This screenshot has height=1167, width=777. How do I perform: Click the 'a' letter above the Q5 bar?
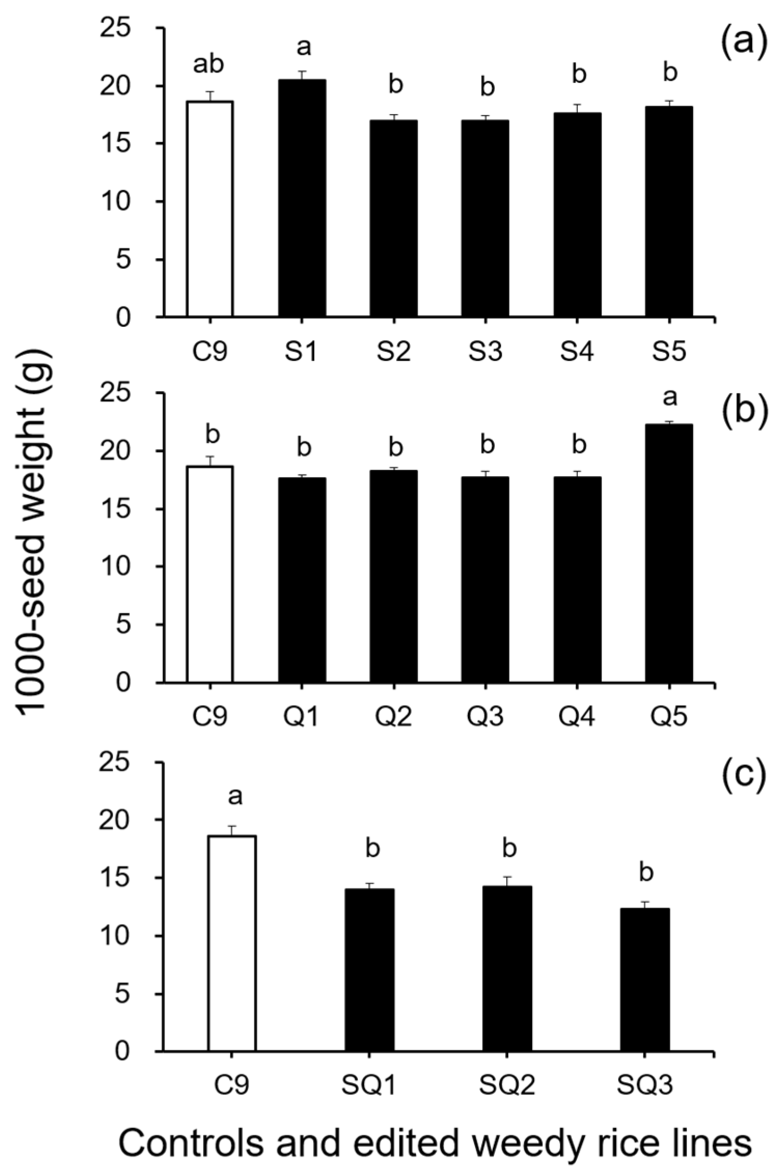pos(670,397)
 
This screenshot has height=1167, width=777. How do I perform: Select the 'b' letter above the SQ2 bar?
pos(509,848)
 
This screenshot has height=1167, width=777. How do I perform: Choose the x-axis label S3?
pos(485,352)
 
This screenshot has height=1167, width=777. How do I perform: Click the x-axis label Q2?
pos(394,716)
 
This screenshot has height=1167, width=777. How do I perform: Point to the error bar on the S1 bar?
pos(302,75)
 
